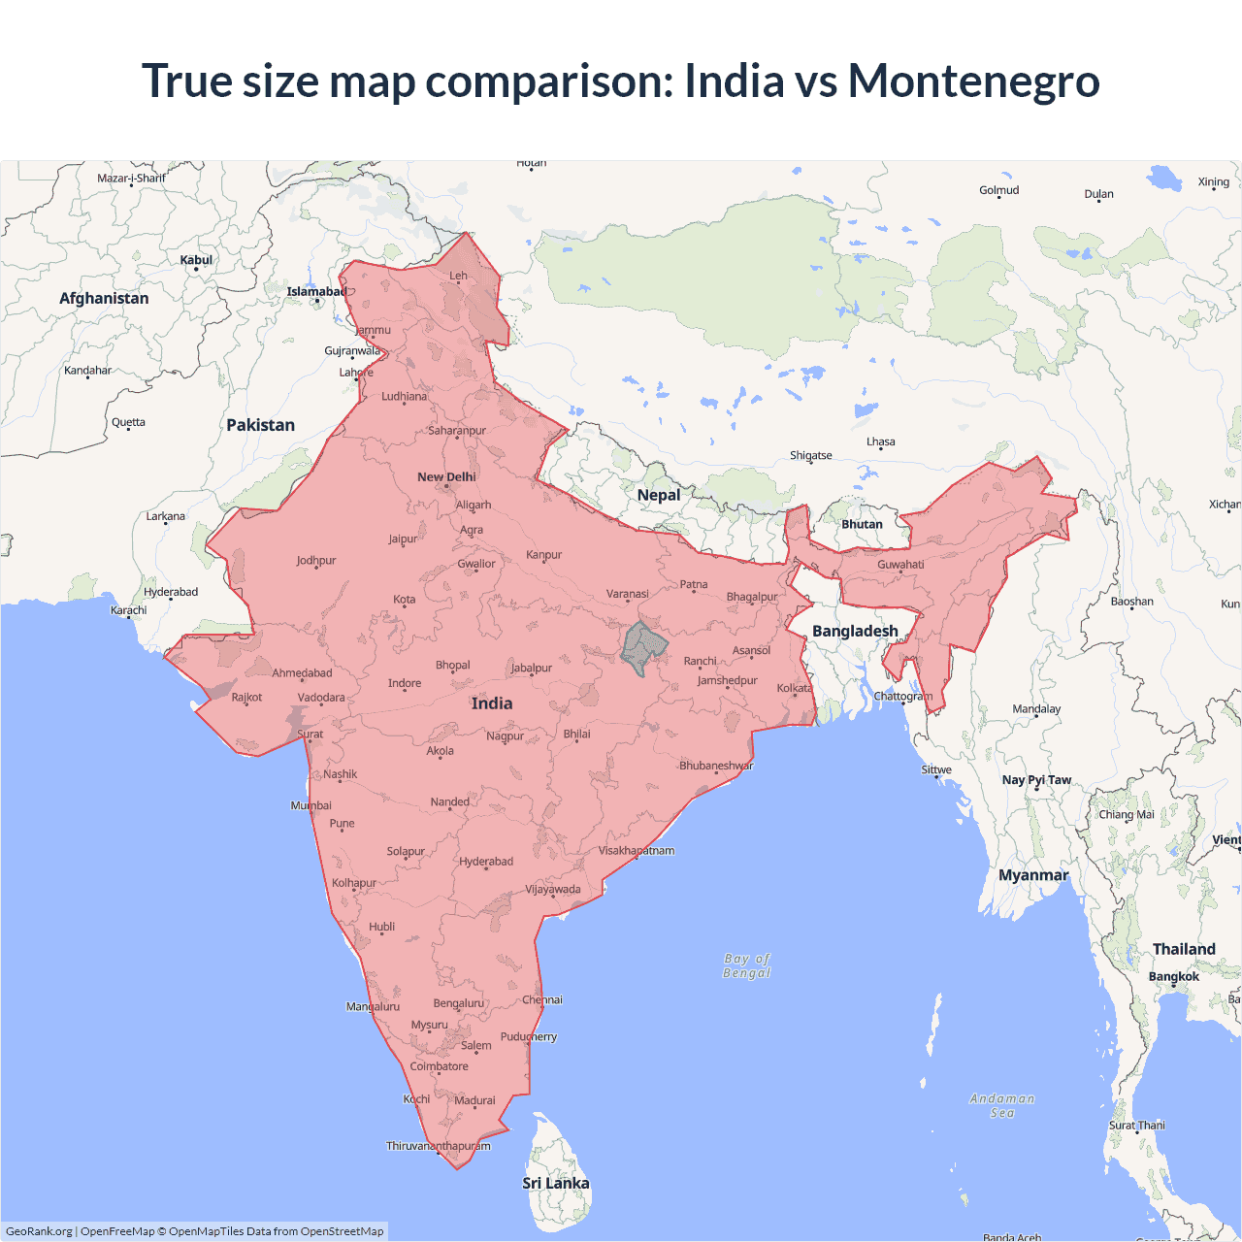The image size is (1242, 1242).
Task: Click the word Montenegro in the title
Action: [x=973, y=81]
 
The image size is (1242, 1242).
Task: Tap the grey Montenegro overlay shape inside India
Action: [x=643, y=648]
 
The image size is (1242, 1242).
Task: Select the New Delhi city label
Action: [x=446, y=476]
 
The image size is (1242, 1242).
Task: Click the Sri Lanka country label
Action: [x=555, y=1183]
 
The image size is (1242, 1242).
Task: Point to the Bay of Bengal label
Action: [x=746, y=965]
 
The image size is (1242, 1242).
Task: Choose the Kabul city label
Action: [x=196, y=260]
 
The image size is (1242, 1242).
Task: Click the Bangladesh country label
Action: [x=855, y=631]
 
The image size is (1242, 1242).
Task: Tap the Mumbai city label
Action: [x=310, y=805]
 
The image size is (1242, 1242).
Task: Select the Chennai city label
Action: [x=542, y=999]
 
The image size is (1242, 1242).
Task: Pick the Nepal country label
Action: [x=659, y=495]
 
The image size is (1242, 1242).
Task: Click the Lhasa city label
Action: [x=881, y=441]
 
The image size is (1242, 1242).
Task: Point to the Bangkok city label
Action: [x=1174, y=976]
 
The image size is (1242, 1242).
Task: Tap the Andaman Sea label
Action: [x=1002, y=1105]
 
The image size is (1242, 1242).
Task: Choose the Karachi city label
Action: [x=129, y=610]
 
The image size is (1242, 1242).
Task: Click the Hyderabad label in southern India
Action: [x=486, y=862]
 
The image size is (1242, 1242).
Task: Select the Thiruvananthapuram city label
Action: [x=439, y=1146]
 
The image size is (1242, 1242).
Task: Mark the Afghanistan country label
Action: [x=104, y=298]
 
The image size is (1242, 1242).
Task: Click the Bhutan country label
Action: [x=862, y=524]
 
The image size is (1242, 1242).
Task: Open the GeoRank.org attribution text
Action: [x=39, y=1231]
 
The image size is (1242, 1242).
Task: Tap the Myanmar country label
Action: [x=1033, y=875]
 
